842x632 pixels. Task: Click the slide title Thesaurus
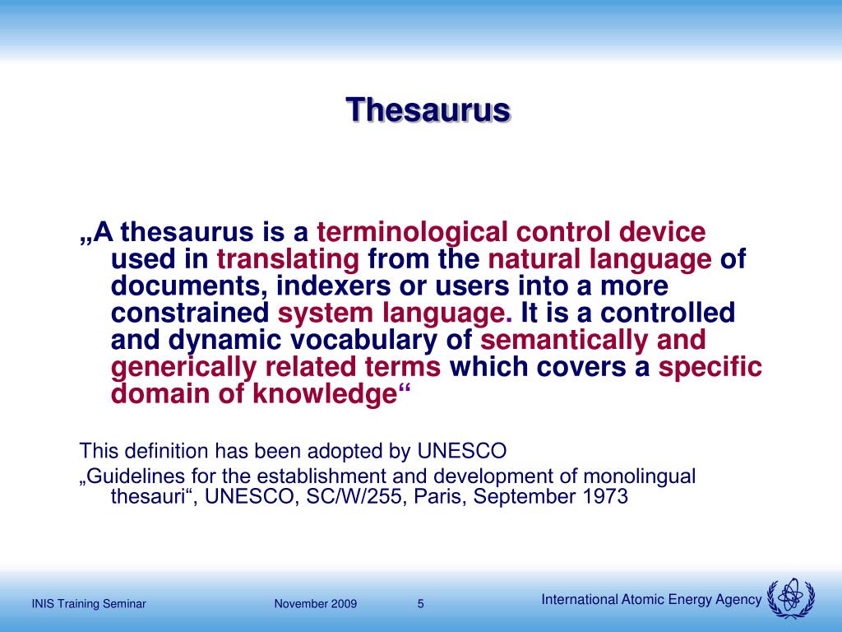(428, 109)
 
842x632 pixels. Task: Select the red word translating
(288, 260)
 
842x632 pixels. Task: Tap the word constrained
(190, 314)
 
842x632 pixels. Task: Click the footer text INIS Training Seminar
(89, 604)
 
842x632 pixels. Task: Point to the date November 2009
(316, 604)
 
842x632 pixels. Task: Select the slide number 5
(421, 603)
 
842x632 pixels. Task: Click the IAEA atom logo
(790, 598)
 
